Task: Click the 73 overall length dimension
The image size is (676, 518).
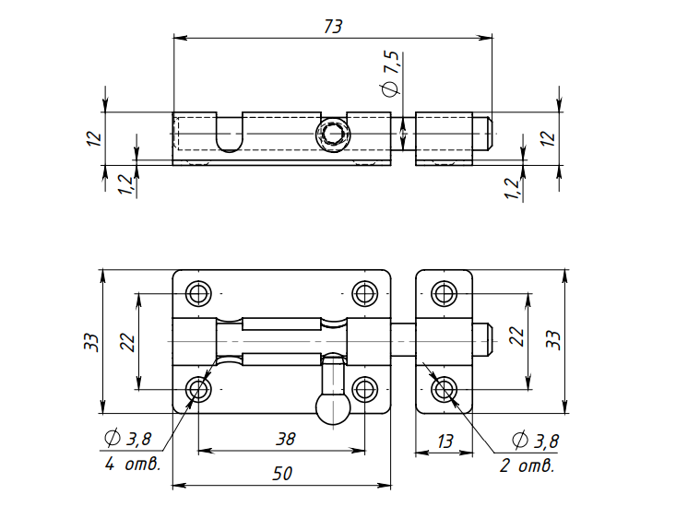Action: pos(333,27)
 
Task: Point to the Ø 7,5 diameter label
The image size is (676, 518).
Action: pos(390,75)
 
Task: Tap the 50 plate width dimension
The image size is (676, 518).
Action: pos(283,474)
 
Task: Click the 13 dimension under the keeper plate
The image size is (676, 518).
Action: pos(445,441)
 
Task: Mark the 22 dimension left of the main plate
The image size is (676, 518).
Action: pos(127,342)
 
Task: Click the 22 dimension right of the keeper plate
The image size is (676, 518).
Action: pos(517,337)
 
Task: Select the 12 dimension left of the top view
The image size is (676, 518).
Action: pos(92,138)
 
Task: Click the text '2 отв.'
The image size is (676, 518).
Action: pos(527,465)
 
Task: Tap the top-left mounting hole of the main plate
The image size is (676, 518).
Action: pos(198,293)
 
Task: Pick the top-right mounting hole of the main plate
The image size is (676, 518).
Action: pos(365,293)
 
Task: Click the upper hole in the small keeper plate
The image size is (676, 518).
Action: pos(445,293)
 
